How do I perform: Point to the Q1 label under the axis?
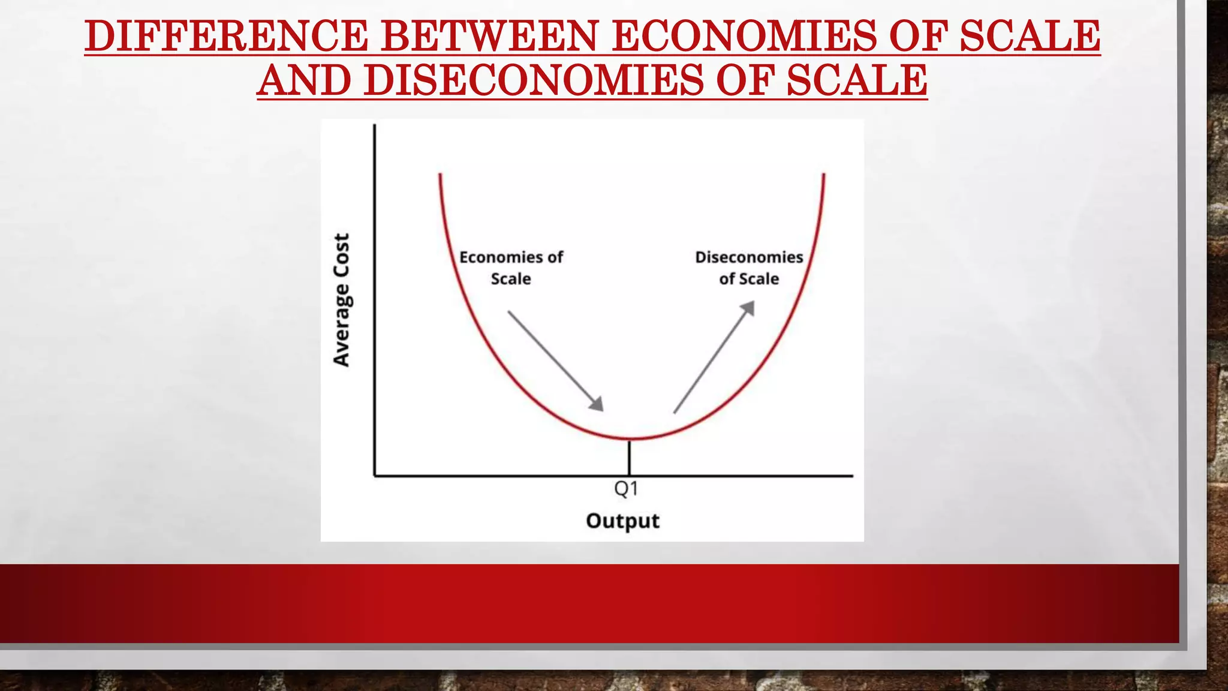[x=626, y=489]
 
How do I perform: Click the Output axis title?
[x=622, y=521]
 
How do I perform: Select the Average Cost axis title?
[x=341, y=300]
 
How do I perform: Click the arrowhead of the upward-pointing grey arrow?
[x=749, y=307]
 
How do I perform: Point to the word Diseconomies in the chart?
[x=749, y=257]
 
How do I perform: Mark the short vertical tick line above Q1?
[x=629, y=458]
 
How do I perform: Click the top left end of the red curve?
[x=440, y=175]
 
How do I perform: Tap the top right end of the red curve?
[x=824, y=175]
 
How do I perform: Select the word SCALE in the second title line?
[x=857, y=80]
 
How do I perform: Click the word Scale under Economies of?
[x=511, y=279]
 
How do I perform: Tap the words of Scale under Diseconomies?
[x=749, y=279]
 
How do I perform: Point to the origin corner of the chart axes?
[x=375, y=476]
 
